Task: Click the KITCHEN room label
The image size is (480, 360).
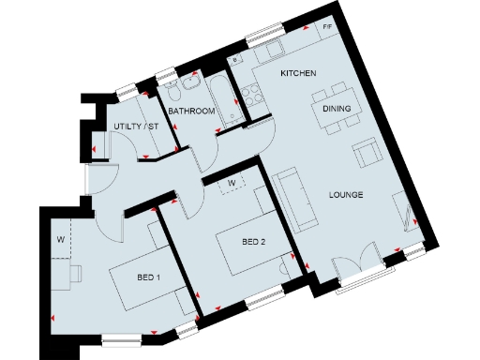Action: click(298, 73)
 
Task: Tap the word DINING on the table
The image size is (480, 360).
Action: click(337, 109)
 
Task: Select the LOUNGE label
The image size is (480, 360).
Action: click(345, 195)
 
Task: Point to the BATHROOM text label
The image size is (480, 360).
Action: click(192, 112)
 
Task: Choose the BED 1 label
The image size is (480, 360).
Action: click(149, 277)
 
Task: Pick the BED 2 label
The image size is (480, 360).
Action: click(254, 241)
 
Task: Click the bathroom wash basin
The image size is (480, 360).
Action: click(189, 84)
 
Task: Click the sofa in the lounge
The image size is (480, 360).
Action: click(292, 200)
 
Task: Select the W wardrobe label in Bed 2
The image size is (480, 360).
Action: click(232, 180)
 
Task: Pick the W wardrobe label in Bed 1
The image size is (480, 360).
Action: click(60, 239)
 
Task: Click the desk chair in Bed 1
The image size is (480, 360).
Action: click(76, 273)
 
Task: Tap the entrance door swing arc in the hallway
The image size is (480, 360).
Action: click(103, 174)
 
